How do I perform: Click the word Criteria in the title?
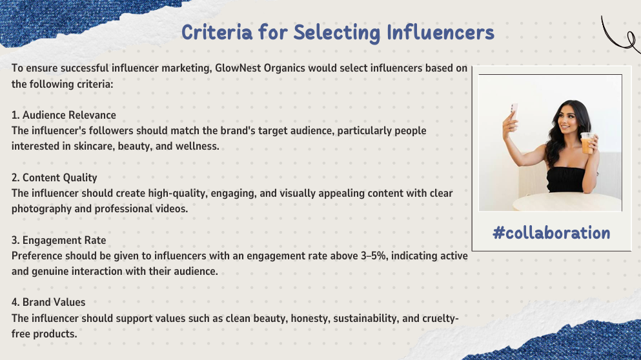click(217, 32)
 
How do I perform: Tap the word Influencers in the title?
click(441, 32)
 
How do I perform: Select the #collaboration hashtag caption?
click(551, 232)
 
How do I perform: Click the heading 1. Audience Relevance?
click(64, 115)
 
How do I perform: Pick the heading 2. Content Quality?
click(54, 178)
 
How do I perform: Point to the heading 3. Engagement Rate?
click(59, 240)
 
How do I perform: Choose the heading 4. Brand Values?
click(48, 303)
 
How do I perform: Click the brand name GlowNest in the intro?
click(238, 68)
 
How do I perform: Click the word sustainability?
click(366, 318)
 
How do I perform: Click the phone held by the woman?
click(514, 111)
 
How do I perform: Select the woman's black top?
click(566, 179)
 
